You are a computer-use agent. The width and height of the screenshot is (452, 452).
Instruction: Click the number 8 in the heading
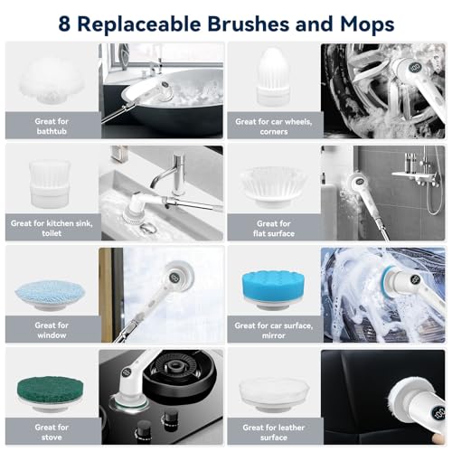(x=65, y=23)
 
